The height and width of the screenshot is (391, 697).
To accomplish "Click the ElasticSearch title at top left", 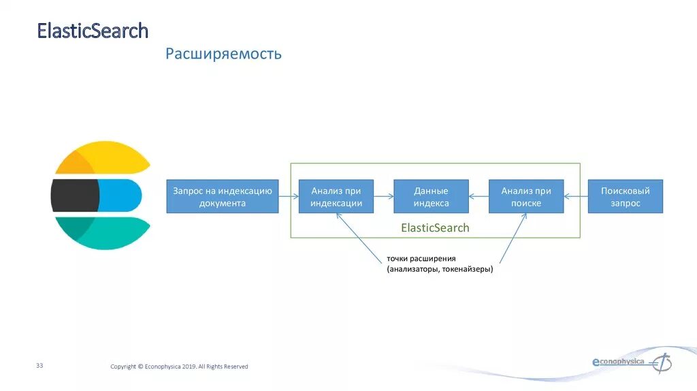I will pyautogui.click(x=92, y=31).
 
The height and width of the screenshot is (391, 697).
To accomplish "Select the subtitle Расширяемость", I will pyautogui.click(x=223, y=54).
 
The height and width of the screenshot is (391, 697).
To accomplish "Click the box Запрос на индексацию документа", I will pyautogui.click(x=223, y=197).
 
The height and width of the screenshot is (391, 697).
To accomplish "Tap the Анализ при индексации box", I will pyautogui.click(x=336, y=197).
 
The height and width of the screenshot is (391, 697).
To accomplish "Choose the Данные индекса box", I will pyautogui.click(x=431, y=197).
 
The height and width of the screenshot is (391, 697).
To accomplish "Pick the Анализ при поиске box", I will pyautogui.click(x=526, y=197).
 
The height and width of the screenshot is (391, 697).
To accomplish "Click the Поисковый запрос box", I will pyautogui.click(x=625, y=197).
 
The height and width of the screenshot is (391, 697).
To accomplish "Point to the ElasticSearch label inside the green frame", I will pyautogui.click(x=435, y=228).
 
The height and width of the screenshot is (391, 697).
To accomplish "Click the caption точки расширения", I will pyautogui.click(x=421, y=259).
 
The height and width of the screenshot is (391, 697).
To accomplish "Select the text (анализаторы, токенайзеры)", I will pyautogui.click(x=440, y=270).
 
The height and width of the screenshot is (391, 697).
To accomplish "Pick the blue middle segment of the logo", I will pyautogui.click(x=120, y=195).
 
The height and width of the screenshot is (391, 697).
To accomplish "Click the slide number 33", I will pyautogui.click(x=39, y=366).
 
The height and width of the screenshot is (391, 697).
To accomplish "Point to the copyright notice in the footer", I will pyautogui.click(x=179, y=366).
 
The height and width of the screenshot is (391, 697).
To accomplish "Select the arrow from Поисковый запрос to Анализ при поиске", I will pyautogui.click(x=576, y=197).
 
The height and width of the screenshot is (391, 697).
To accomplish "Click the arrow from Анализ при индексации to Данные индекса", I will pyautogui.click(x=384, y=197).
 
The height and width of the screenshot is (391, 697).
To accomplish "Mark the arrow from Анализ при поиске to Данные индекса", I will pyautogui.click(x=479, y=197).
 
